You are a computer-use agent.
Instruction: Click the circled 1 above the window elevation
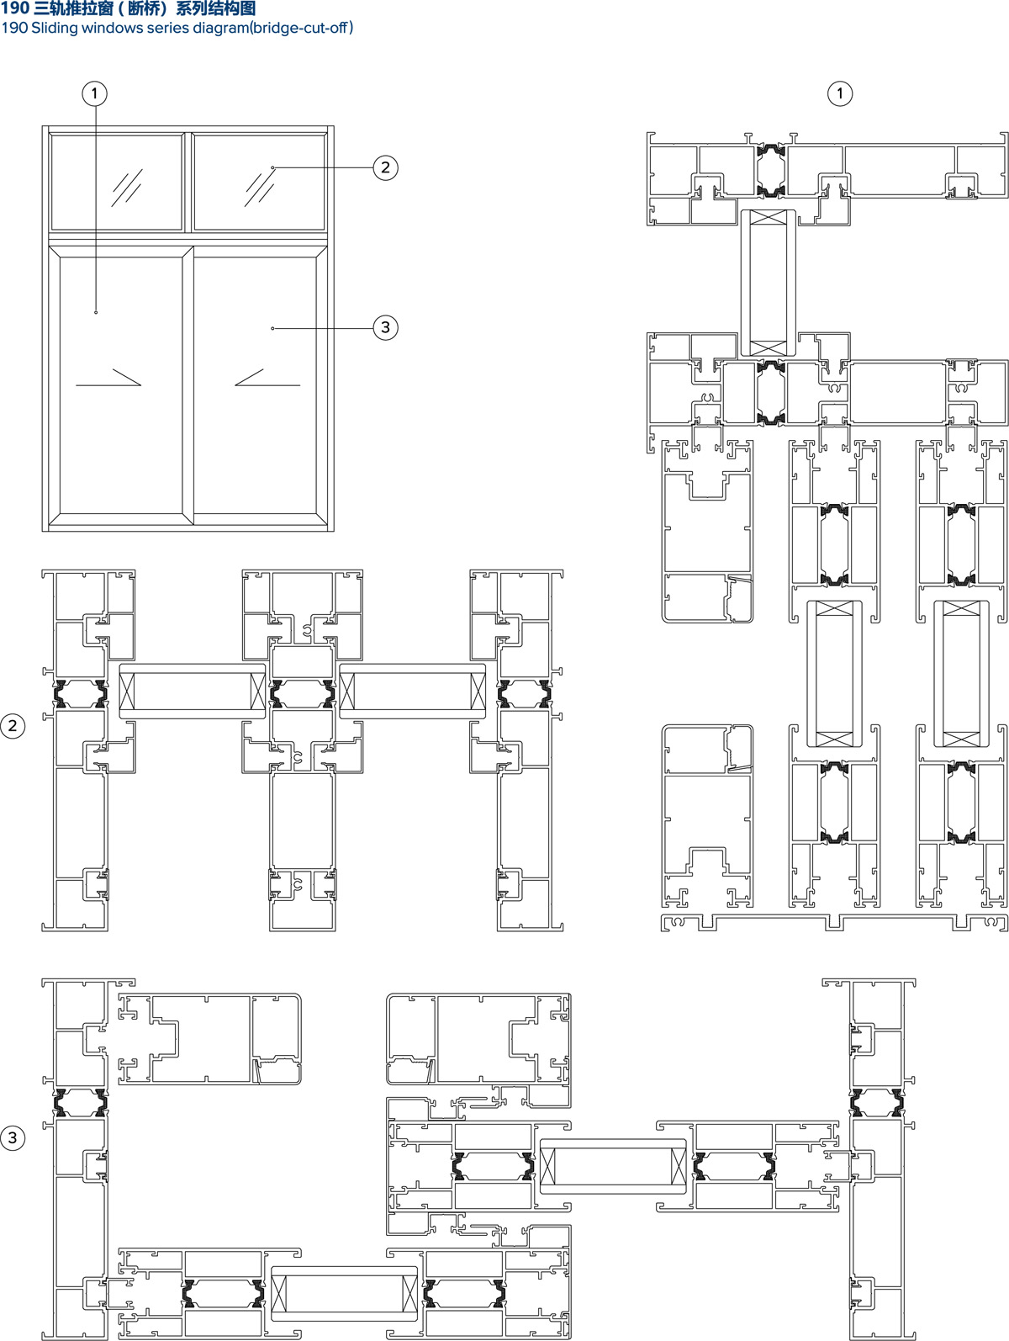coord(94,93)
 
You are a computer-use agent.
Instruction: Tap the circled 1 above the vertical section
coord(839,93)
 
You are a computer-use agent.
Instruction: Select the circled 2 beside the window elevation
coord(385,167)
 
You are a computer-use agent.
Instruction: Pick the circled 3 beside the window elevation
coord(385,327)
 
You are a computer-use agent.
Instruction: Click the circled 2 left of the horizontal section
coord(13,726)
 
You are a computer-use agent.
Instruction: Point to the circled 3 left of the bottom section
coord(13,1137)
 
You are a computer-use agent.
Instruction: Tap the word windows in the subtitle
coord(113,28)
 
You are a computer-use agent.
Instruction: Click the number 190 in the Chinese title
coord(15,8)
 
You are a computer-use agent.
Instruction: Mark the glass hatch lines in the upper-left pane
coord(127,188)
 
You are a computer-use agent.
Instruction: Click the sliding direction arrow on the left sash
coord(108,378)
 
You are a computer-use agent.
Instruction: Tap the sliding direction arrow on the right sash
coord(267,378)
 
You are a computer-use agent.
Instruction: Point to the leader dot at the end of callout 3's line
coord(272,328)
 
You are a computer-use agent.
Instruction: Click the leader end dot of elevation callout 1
coord(96,312)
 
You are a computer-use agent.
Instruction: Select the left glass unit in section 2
coord(193,691)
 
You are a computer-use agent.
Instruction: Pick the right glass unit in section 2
coord(413,691)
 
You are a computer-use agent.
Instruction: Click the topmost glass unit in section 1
coord(768,283)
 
